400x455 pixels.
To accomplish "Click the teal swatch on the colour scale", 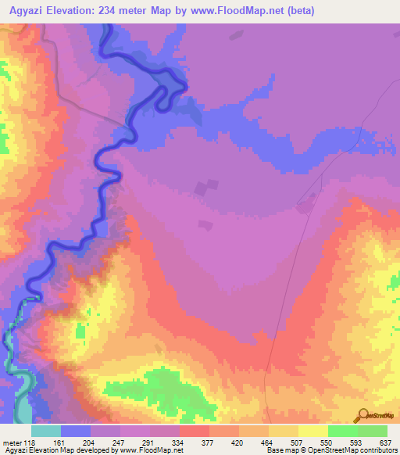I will click(46, 431).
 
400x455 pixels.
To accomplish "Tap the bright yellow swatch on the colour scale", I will click(313, 431).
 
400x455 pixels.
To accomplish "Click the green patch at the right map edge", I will click(395, 282).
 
